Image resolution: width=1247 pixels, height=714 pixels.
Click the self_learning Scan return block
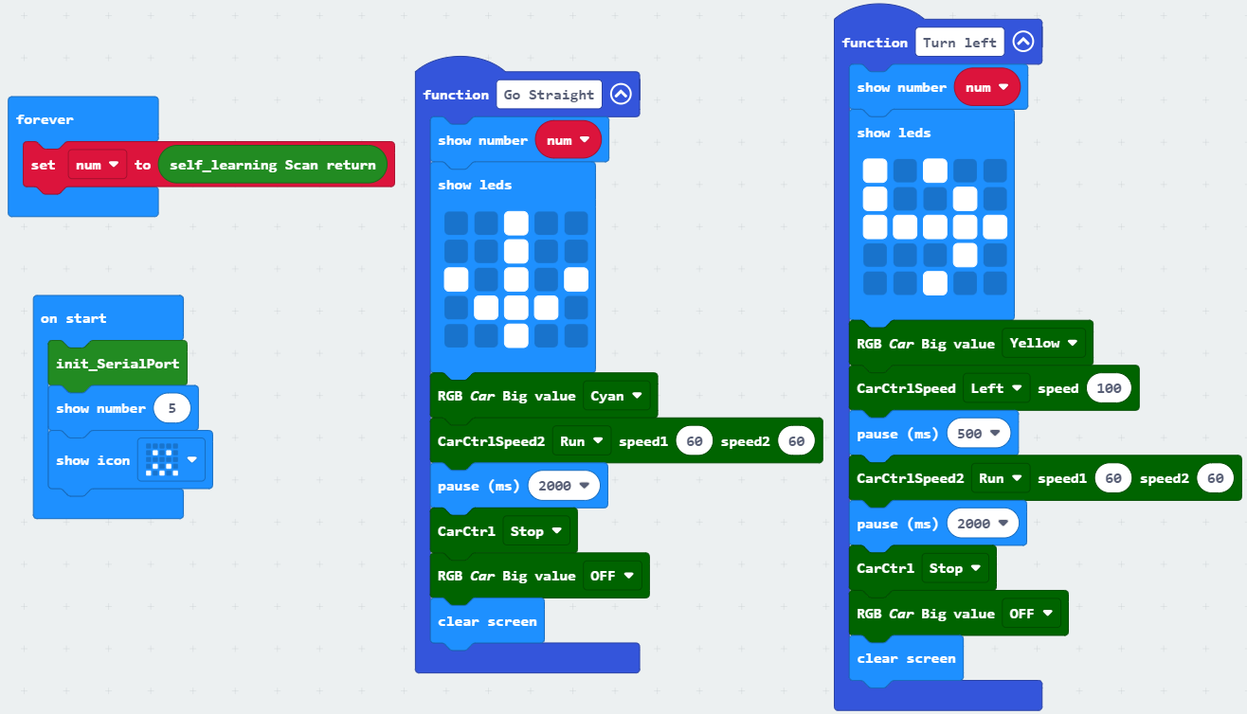[x=272, y=165]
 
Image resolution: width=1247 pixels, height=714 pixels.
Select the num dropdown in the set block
[x=98, y=165]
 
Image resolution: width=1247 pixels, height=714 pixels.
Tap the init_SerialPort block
[x=117, y=364]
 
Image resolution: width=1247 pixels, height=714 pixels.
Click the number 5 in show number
[x=172, y=408]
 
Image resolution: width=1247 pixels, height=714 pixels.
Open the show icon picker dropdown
[x=172, y=459]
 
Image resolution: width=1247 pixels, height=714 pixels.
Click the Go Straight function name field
[x=549, y=95]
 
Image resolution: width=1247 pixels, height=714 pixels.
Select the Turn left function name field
[x=959, y=43]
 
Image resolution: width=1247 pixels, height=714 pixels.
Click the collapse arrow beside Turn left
[x=1023, y=42]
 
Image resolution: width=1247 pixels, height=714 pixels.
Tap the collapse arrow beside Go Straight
[x=621, y=94]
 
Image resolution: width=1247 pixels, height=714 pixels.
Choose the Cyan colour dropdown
[x=616, y=396]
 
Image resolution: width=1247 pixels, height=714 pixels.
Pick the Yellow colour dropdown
[x=1043, y=343]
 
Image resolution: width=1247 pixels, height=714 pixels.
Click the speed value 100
[x=1109, y=388]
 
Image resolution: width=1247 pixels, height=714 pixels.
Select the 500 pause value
[x=978, y=433]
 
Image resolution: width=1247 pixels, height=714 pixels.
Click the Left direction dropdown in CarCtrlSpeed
[x=996, y=388]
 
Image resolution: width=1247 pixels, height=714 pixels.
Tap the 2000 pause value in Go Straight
[x=564, y=485]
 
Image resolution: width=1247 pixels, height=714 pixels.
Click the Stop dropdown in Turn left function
[x=954, y=567]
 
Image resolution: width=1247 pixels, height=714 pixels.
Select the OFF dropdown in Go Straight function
[x=612, y=576]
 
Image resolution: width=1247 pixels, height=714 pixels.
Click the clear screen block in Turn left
[x=906, y=658]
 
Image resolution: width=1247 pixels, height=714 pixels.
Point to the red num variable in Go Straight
[x=568, y=140]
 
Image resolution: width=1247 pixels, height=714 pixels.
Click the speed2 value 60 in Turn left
[x=1216, y=478]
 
